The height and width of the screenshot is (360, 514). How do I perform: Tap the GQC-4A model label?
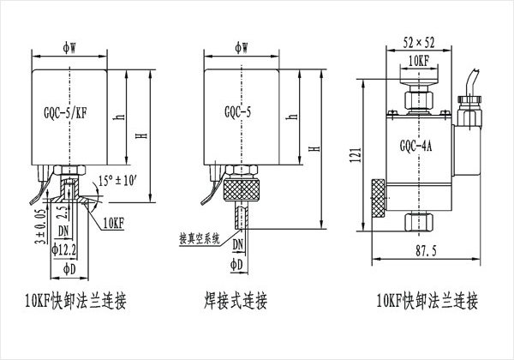[415, 145]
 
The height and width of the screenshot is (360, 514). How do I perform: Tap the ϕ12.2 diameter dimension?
[66, 249]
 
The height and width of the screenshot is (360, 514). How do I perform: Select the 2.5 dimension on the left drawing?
[59, 211]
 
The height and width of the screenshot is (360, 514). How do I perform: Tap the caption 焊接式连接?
[236, 302]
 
